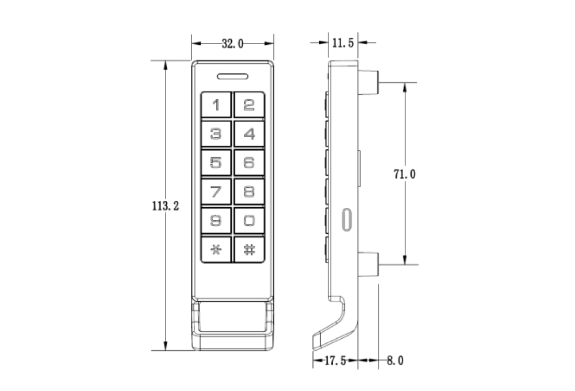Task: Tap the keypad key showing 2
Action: coord(249,105)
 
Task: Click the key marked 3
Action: coord(216,134)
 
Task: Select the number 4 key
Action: coord(249,134)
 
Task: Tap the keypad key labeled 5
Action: coord(216,163)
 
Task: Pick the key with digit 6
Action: coord(249,163)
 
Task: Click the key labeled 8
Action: coord(249,192)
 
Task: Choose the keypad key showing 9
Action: coord(216,220)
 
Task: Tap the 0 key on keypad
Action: coord(249,220)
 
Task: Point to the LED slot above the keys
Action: coord(232,76)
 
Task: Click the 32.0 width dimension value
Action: coord(232,44)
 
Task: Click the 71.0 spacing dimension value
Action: coord(405,175)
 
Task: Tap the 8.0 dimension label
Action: coord(394,361)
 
